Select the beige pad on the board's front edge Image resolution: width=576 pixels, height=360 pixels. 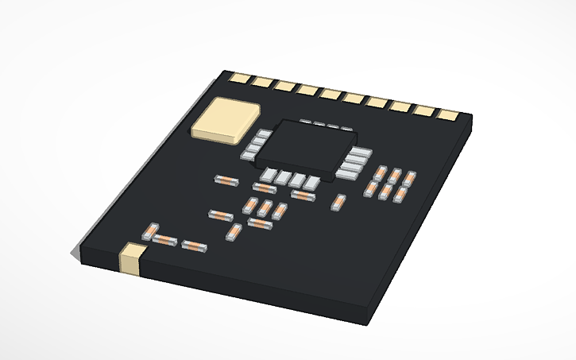(131, 260)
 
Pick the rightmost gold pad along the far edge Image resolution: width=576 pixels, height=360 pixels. (450, 114)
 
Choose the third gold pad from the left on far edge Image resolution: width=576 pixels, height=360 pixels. (284, 85)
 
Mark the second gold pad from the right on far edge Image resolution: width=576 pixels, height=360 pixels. (427, 110)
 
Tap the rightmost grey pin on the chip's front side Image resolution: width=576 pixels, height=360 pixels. (311, 183)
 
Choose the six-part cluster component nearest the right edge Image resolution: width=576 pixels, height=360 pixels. (409, 179)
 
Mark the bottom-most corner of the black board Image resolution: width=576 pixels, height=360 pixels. (368, 323)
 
